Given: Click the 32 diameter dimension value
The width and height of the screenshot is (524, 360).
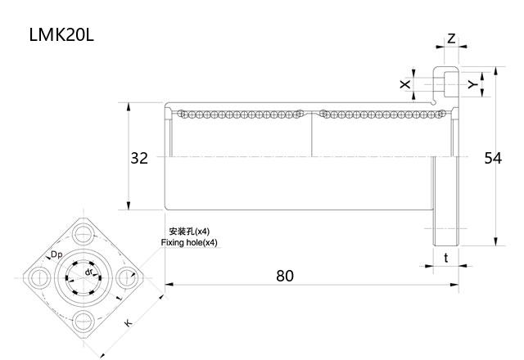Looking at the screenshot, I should click(139, 158).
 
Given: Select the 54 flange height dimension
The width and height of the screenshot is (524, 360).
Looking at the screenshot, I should click(492, 158).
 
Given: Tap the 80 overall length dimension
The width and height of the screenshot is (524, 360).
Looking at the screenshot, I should click(284, 275).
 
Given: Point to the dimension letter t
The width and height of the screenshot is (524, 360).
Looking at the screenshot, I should click(445, 258).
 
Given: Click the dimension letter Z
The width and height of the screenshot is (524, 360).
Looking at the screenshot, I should click(451, 38).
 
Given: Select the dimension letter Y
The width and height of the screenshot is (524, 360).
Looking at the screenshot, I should click(472, 83).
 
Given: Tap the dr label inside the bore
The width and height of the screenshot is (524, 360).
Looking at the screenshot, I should click(89, 271).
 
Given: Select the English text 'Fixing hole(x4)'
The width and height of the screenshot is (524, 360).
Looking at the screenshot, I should click(189, 243).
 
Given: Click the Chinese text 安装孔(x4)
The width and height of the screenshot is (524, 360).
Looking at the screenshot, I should click(189, 232).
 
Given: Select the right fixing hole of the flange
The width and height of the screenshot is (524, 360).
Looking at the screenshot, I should click(128, 277).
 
